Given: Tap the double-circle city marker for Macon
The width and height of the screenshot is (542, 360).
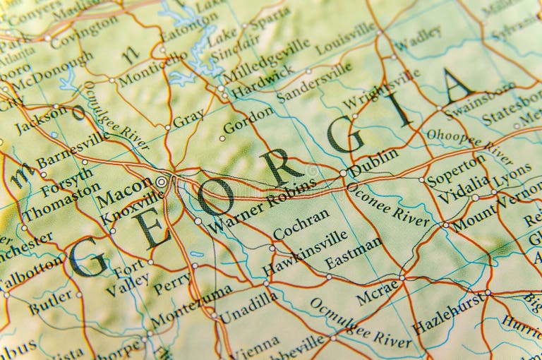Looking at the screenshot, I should [162, 181].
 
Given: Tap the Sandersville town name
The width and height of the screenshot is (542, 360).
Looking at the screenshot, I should [313, 83].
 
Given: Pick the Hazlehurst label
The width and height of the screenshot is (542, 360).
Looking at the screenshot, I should [448, 313].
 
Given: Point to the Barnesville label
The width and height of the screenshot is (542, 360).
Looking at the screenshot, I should [73, 150].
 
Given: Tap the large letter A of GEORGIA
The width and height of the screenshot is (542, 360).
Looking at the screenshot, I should [457, 85].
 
